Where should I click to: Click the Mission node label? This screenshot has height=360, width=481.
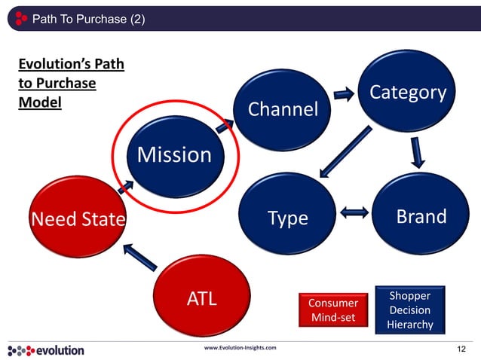point(174,155)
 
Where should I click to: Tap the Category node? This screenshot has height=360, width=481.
point(408,92)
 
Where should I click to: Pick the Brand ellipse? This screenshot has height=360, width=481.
point(421,216)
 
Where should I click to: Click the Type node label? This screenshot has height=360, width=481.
point(288,218)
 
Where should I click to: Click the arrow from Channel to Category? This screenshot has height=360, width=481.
point(344,94)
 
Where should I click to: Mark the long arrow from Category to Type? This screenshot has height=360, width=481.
point(344,152)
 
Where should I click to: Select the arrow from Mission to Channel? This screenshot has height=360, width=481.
point(224,124)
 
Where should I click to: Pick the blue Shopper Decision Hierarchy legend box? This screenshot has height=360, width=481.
point(409,310)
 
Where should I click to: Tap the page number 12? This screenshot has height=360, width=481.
point(462,350)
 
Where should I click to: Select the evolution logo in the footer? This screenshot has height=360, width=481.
point(47,350)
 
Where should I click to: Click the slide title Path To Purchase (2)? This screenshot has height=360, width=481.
point(84,18)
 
